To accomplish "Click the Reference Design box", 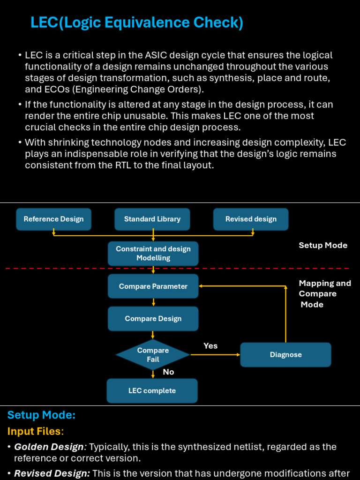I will (53, 219).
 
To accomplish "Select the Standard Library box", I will (152, 219).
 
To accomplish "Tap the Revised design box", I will (251, 219).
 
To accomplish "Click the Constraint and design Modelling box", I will (153, 254).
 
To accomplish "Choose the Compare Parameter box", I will (153, 286).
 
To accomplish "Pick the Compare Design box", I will (153, 319).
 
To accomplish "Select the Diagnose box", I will (285, 355).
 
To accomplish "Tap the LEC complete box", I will (152, 391).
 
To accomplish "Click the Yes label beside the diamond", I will (210, 346).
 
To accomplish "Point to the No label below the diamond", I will (168, 372).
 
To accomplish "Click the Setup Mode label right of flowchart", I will (323, 246).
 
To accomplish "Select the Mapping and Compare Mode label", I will (324, 294).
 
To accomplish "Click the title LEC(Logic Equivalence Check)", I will (137, 22).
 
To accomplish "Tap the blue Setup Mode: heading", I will (41, 415).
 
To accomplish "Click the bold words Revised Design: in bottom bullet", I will (52, 473).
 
